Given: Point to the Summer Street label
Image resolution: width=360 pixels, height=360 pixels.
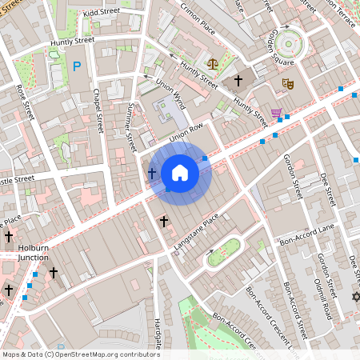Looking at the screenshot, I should tap(132, 126).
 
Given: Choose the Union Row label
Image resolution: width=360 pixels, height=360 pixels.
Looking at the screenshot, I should tap(187, 127).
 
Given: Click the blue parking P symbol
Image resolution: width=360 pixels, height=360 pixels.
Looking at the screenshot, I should tap(77, 67).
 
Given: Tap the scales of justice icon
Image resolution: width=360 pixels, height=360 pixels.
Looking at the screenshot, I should tap(212, 62).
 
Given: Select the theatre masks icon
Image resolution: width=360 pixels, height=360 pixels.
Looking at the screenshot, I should tap(287, 82).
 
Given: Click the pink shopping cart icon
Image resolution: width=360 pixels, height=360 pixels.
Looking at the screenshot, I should tap(277, 113).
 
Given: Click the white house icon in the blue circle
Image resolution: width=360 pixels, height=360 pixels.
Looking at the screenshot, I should tap(180, 173).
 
